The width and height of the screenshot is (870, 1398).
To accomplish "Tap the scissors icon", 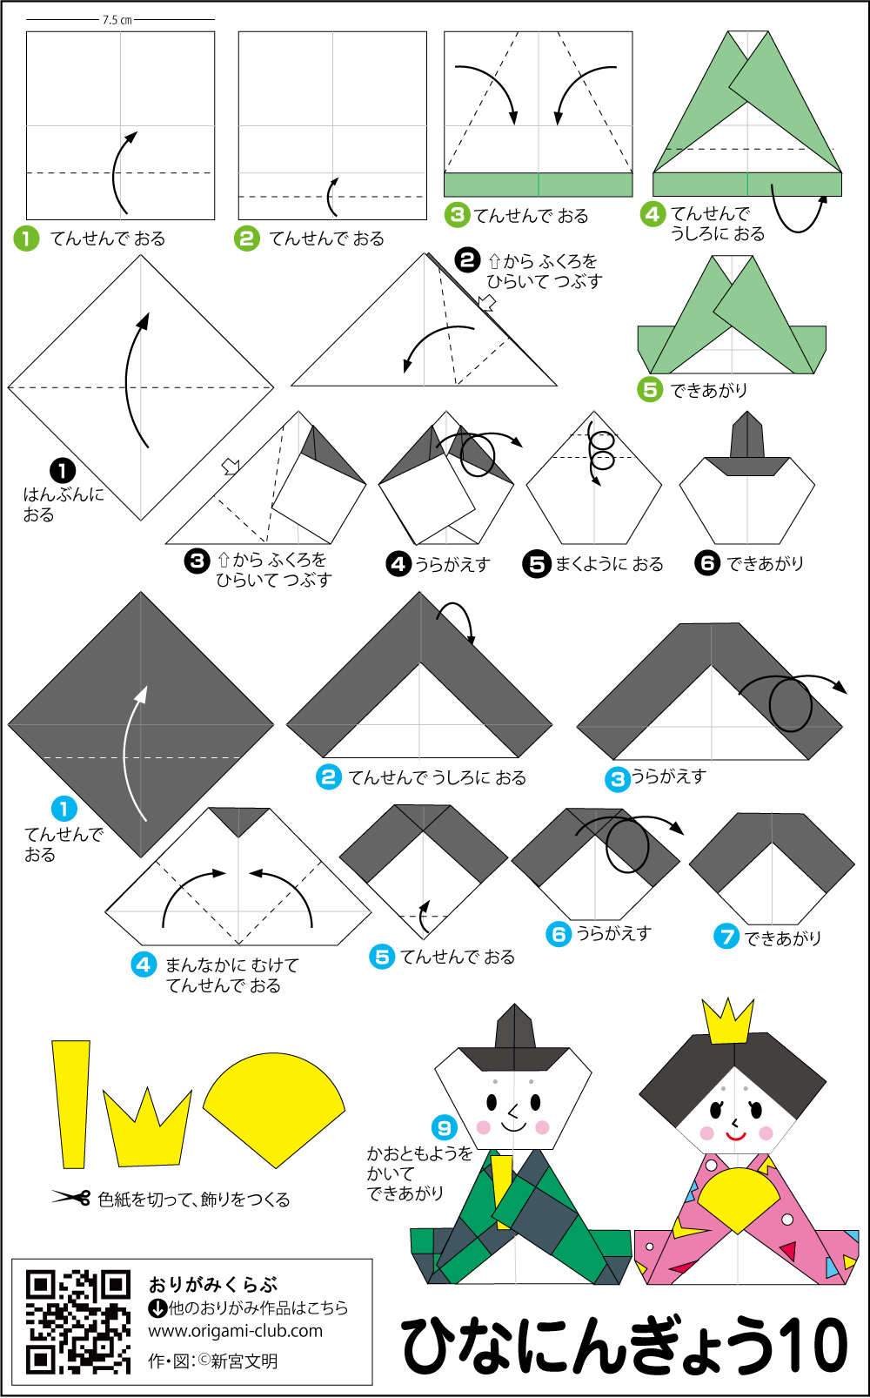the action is tap(71, 1197).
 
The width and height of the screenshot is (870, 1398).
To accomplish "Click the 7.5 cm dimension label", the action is tap(117, 20).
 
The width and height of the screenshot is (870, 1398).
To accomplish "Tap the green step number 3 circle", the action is tap(457, 215).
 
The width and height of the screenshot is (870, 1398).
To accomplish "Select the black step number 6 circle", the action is tap(707, 563).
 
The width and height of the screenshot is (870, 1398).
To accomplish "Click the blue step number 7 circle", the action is tap(726, 936).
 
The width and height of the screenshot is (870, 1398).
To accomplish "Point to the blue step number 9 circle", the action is tap(444, 1127).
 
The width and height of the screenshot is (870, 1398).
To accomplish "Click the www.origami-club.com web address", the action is tap(236, 1331).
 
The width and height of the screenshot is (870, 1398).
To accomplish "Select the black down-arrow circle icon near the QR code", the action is tap(157, 1307).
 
